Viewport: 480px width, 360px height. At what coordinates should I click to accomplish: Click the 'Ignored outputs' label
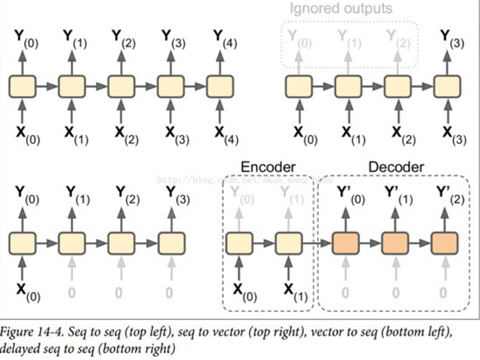tap(341, 9)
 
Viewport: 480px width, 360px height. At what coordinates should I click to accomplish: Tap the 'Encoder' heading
tap(268, 167)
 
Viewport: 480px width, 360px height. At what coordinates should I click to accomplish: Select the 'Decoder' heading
tap(396, 167)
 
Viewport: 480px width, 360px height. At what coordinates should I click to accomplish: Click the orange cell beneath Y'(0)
tap(345, 243)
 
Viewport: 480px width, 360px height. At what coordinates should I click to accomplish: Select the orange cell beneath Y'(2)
tap(444, 243)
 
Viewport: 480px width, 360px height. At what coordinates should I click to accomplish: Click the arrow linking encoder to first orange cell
tap(317, 244)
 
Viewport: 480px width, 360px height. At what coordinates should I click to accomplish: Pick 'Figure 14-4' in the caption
tap(29, 331)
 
